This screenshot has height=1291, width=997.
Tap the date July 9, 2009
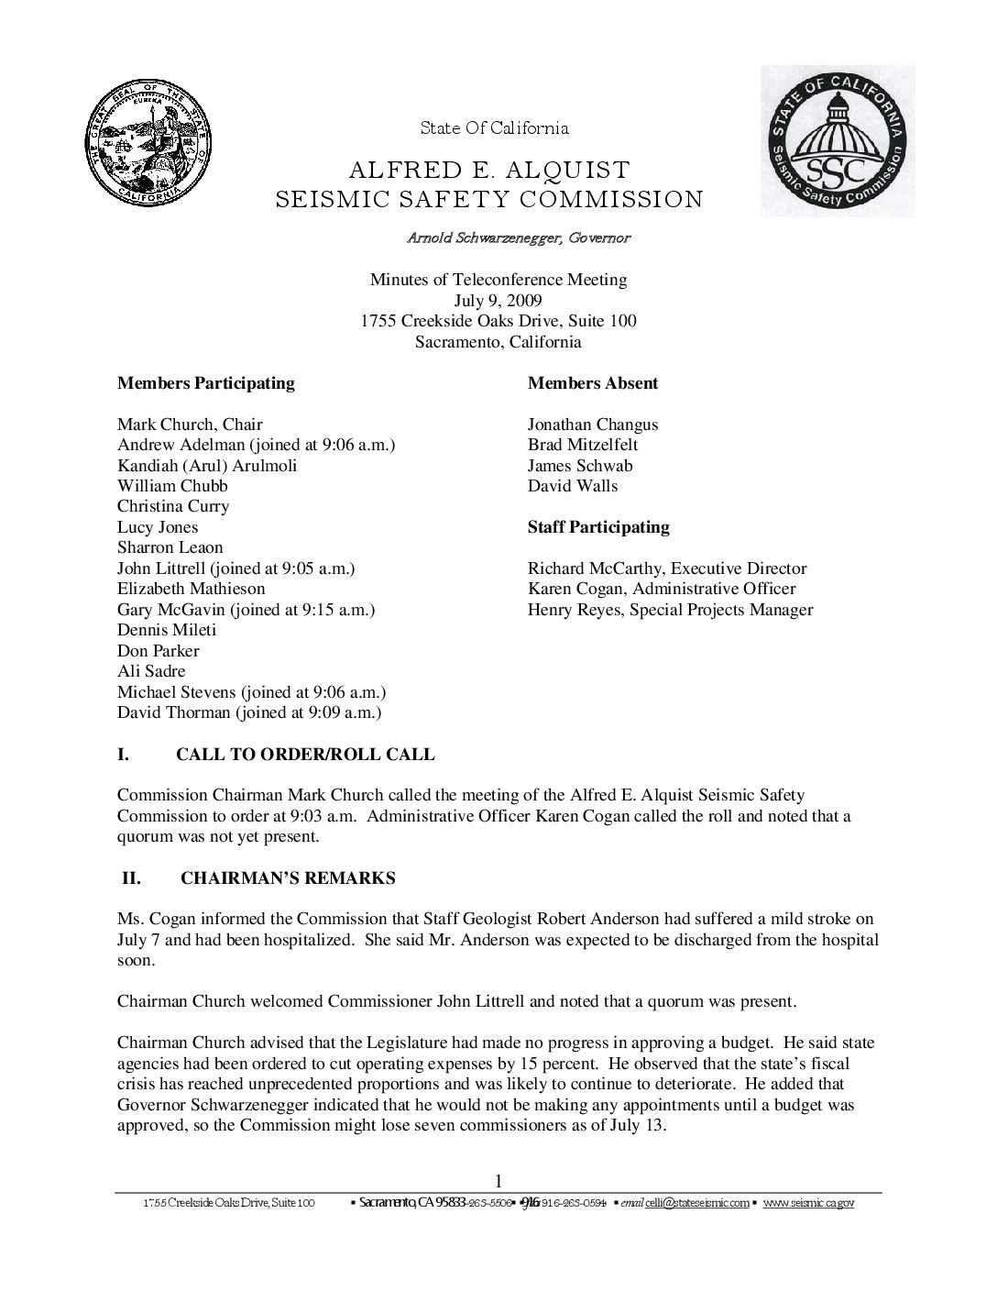498,301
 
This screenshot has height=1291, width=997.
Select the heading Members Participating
205,383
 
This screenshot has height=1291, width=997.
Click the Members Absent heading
592,383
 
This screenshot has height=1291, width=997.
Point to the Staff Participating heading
597,527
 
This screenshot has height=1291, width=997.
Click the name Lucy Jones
158,527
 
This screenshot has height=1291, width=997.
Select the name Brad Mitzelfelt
583,445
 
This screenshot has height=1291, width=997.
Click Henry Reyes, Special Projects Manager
670,610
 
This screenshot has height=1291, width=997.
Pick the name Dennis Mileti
167,630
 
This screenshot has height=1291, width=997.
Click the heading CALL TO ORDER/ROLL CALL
305,756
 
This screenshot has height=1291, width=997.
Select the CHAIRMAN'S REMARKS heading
288,878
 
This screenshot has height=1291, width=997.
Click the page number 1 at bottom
498,1181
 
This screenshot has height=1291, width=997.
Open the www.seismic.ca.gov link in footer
808,1203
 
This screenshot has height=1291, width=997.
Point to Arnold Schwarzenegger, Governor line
519,238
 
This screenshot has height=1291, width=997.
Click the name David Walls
573,486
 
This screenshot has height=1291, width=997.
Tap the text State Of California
495,128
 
